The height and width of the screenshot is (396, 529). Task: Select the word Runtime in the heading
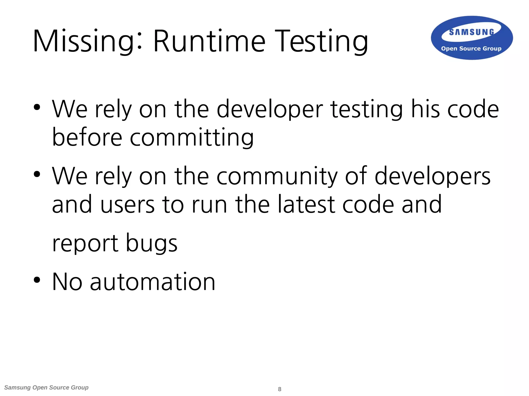click(209, 41)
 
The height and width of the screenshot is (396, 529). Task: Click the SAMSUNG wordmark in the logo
click(471, 32)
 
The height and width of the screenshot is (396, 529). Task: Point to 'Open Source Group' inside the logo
click(471, 48)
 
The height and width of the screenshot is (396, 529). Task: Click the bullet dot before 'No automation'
click(37, 280)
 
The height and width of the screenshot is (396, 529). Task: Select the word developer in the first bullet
click(270, 109)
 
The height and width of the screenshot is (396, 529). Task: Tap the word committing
click(192, 138)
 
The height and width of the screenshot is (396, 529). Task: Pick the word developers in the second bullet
click(432, 176)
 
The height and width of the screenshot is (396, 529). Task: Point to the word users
click(128, 204)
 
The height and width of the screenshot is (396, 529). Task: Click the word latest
click(306, 204)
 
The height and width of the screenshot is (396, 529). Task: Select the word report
click(85, 244)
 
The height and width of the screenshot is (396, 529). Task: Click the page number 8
click(279, 389)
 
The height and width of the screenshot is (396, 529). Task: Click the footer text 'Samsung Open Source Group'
click(46, 387)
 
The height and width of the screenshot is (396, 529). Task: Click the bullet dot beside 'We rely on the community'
click(37, 174)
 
